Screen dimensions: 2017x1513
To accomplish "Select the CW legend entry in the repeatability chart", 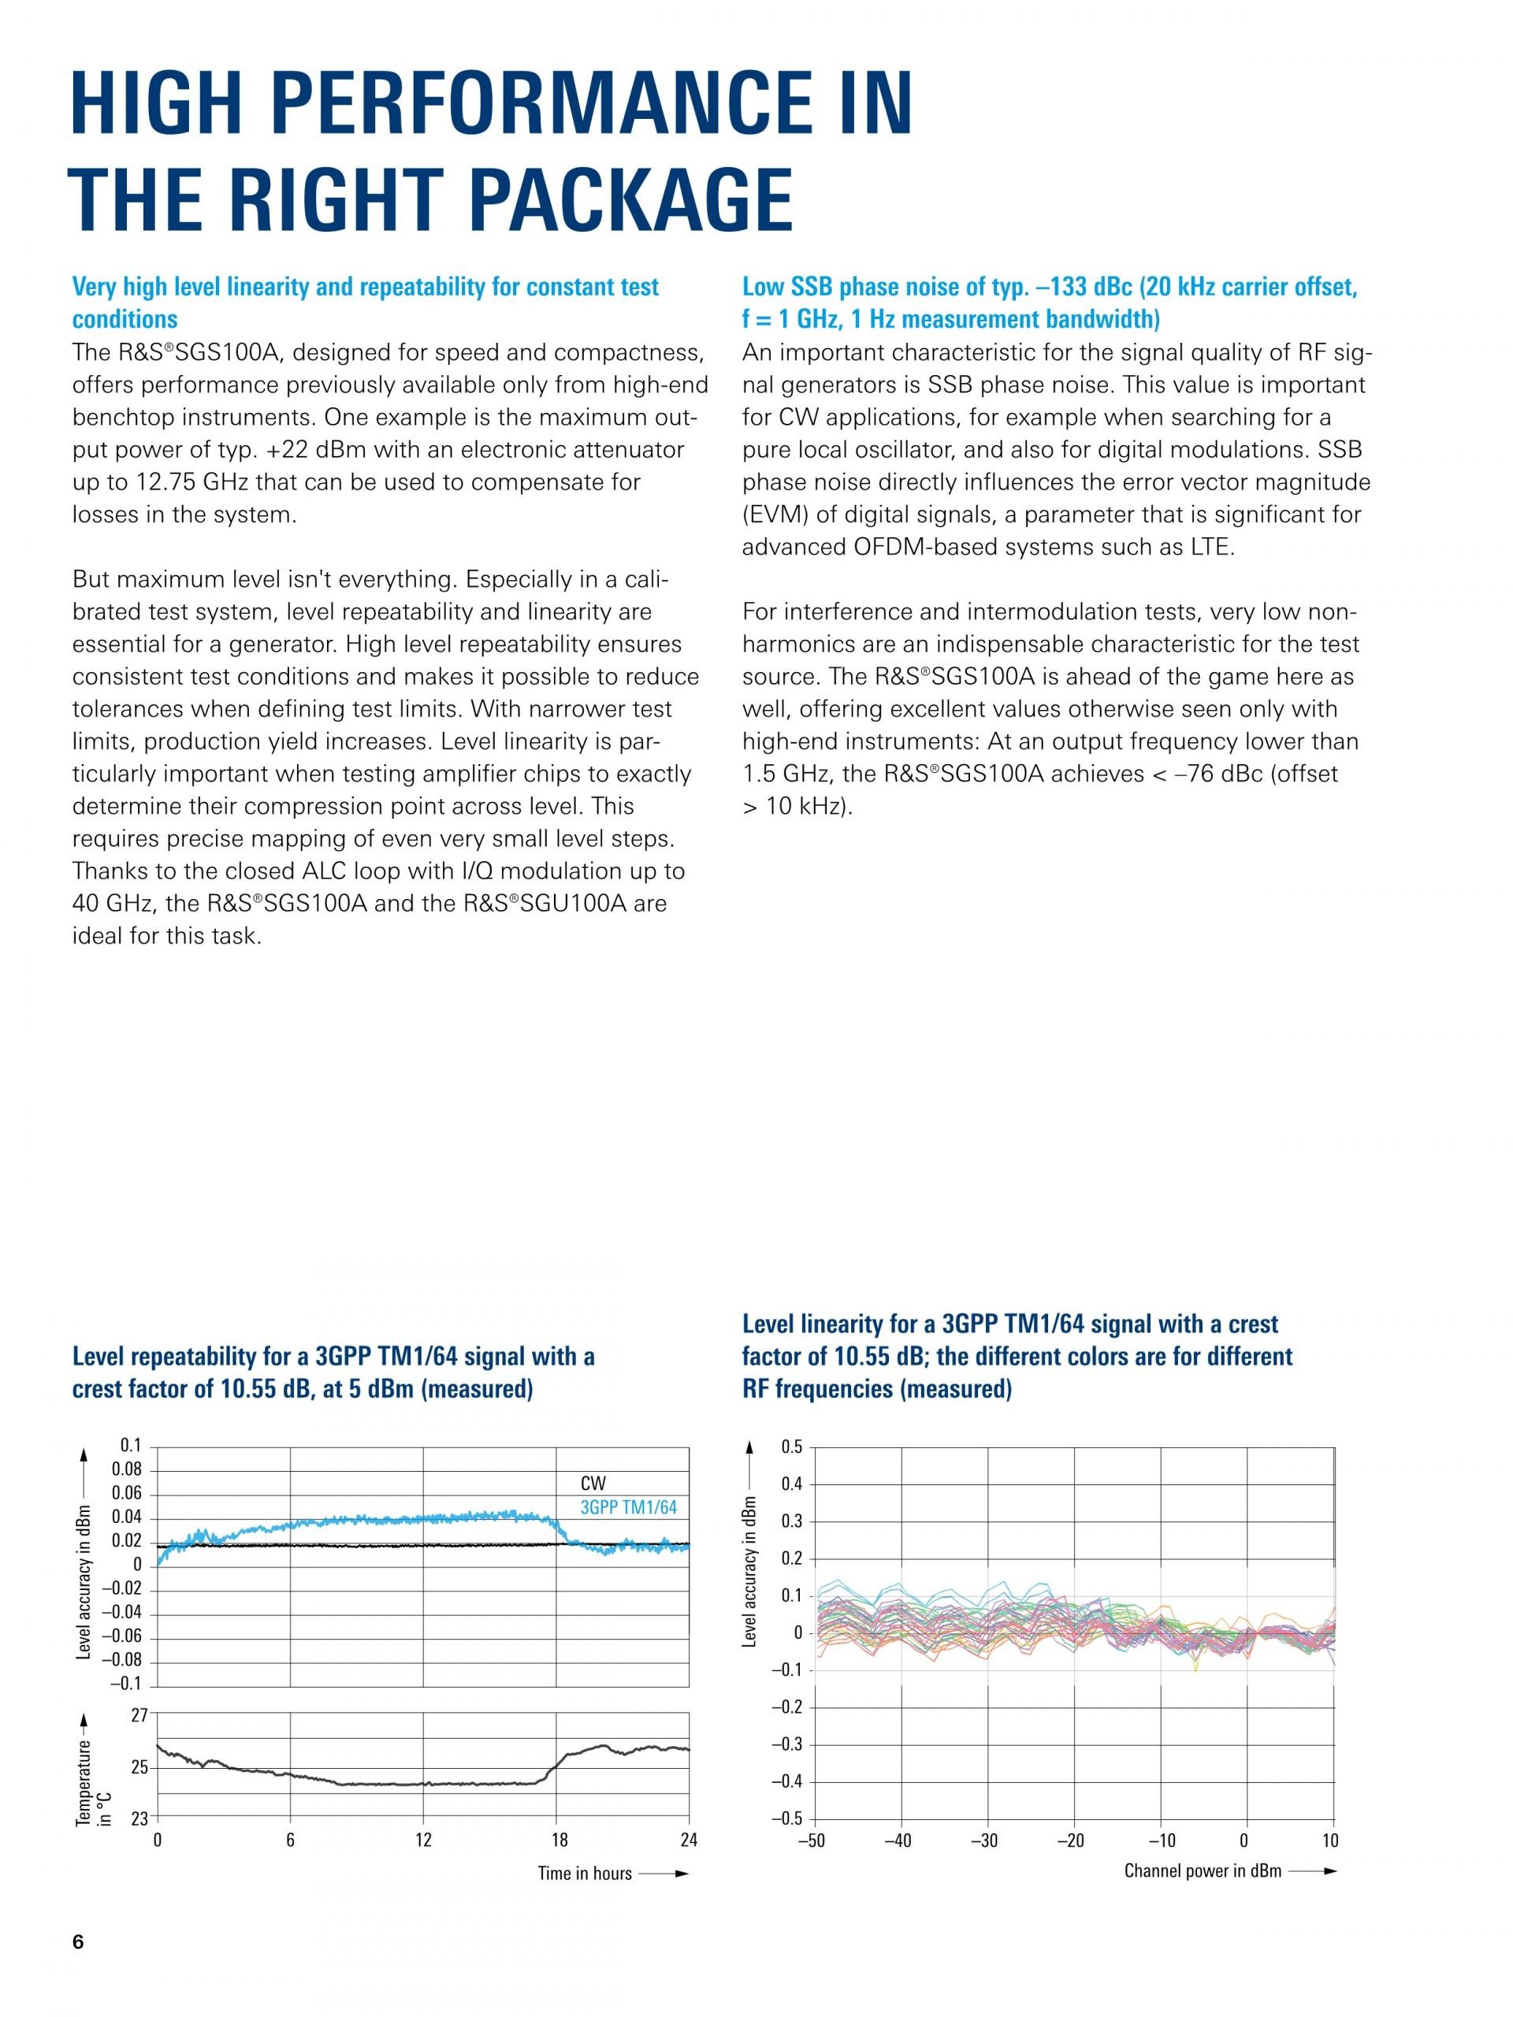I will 593,1484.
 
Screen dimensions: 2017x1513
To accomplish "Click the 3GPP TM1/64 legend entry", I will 628,1507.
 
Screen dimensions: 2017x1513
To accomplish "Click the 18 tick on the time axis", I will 558,1840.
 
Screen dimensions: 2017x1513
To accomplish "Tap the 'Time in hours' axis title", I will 585,1873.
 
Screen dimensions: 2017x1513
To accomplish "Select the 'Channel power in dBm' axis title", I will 1202,1871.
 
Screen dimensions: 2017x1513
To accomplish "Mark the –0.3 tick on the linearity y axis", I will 787,1744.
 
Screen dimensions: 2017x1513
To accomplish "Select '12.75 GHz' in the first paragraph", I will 166,482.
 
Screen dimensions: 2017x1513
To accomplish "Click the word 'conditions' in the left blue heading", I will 125,319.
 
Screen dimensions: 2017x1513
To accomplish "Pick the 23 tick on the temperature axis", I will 139,1818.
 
